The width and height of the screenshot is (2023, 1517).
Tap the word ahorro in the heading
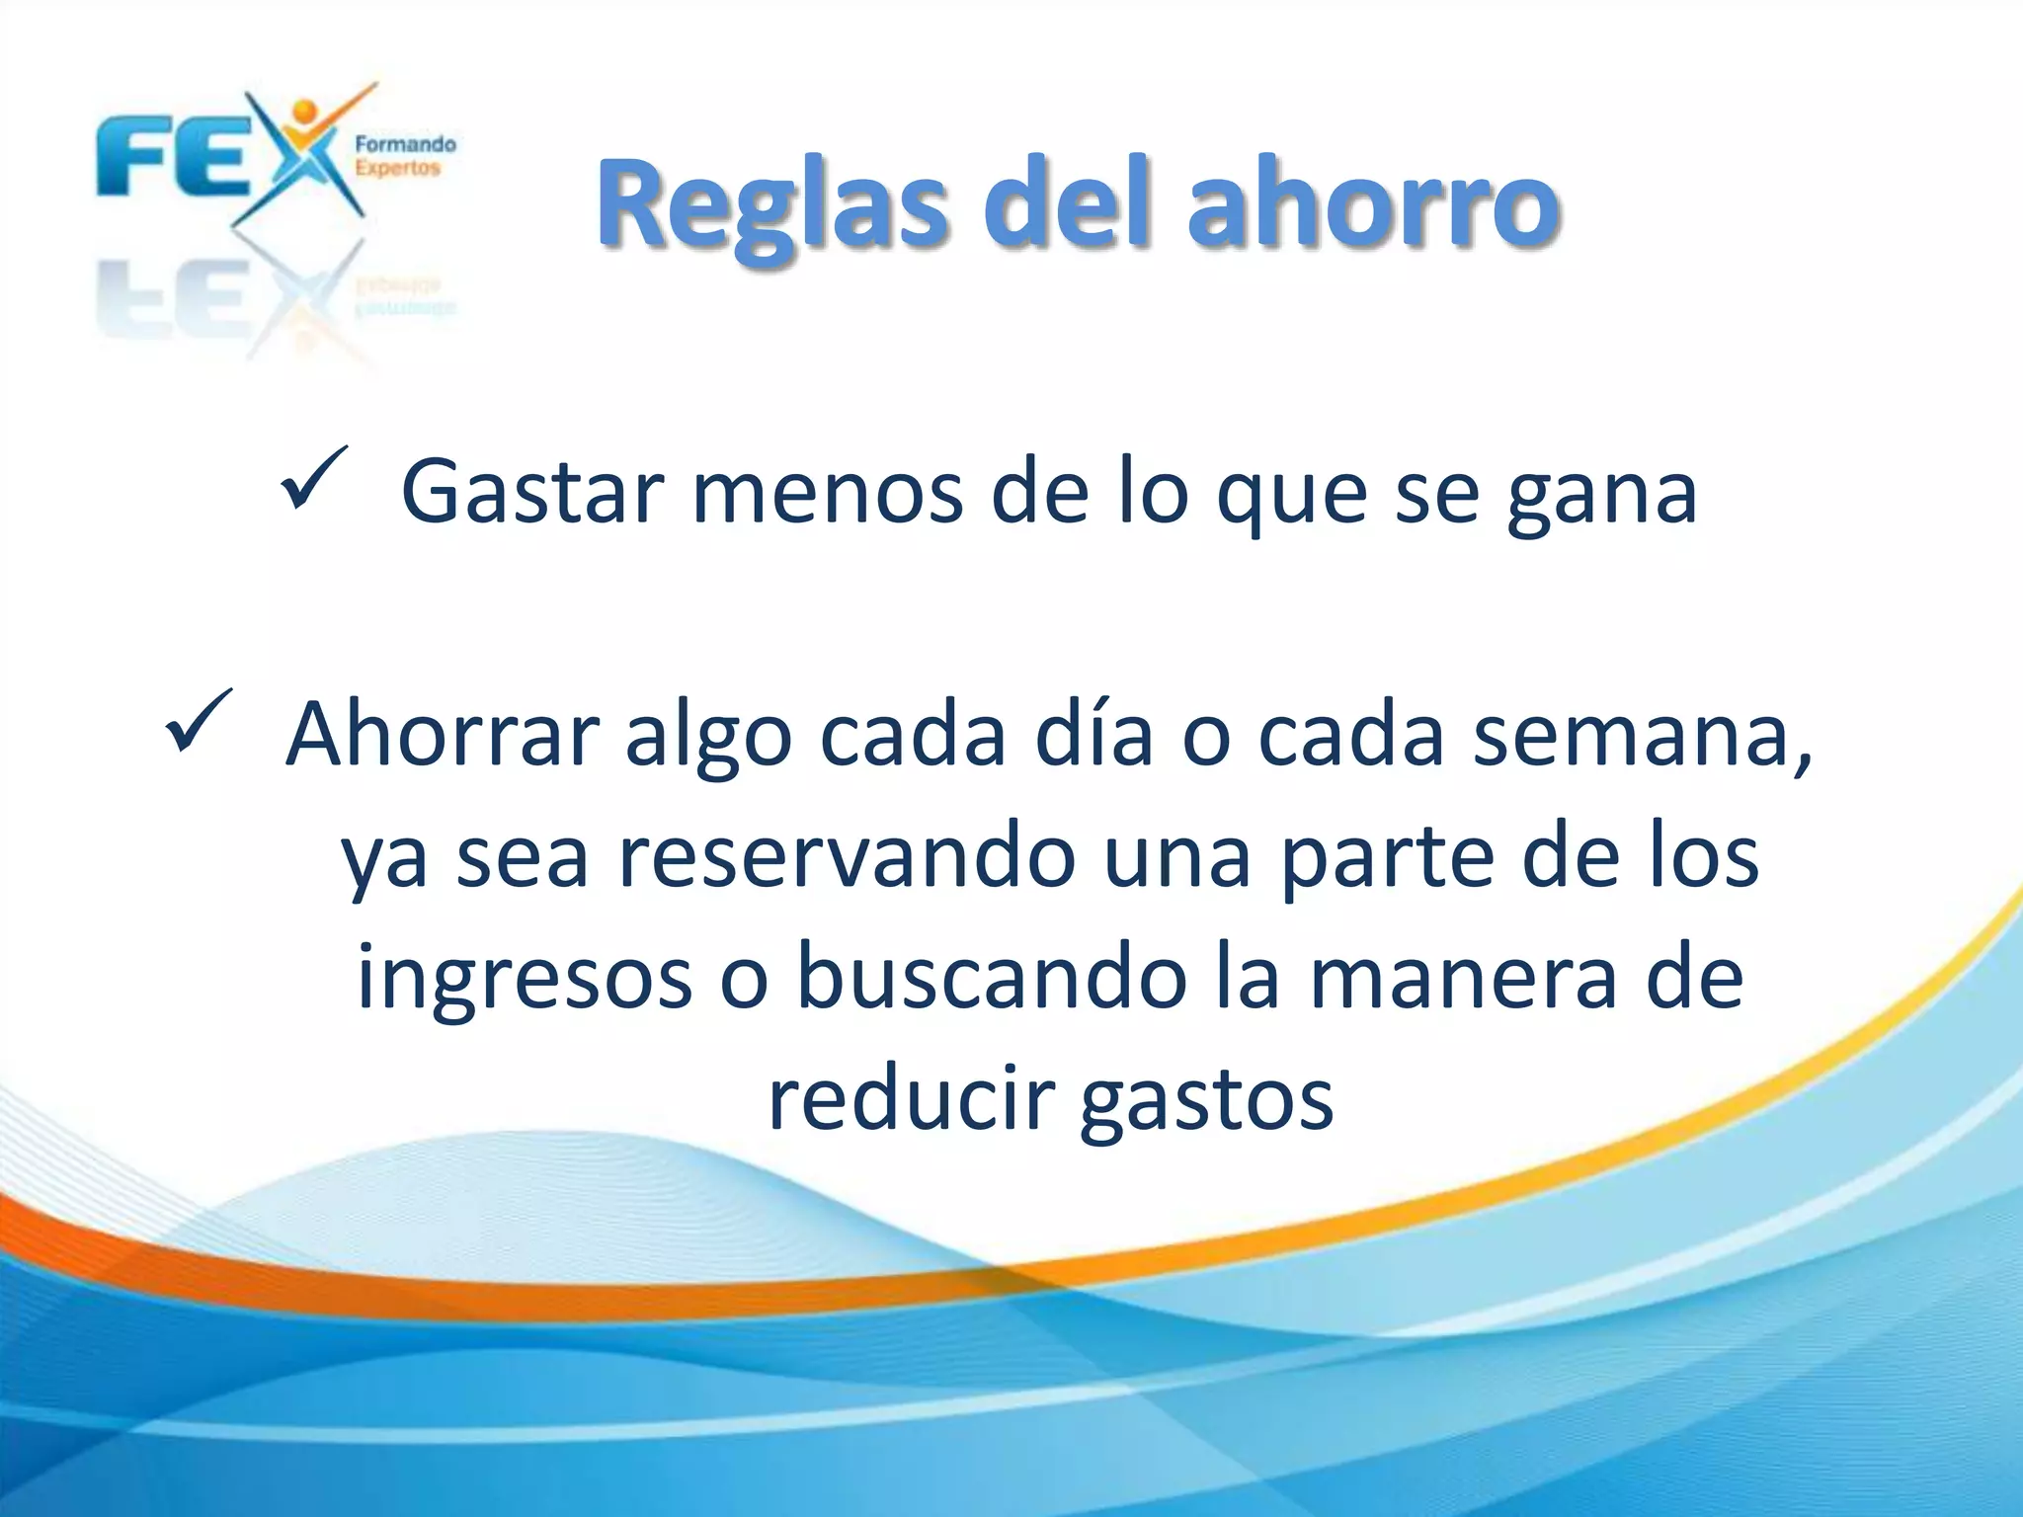[1373, 205]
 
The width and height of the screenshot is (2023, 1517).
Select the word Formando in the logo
[405, 144]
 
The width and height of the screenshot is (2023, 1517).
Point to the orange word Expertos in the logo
[397, 168]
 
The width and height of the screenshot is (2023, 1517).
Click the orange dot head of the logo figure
[305, 111]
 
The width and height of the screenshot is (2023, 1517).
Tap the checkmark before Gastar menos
[313, 478]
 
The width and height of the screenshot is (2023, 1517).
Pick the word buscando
[992, 977]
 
